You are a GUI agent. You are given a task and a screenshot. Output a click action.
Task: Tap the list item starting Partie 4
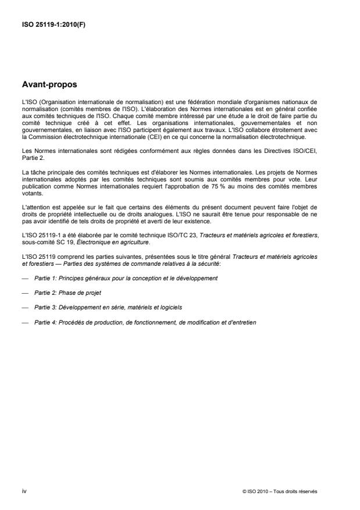145,322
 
